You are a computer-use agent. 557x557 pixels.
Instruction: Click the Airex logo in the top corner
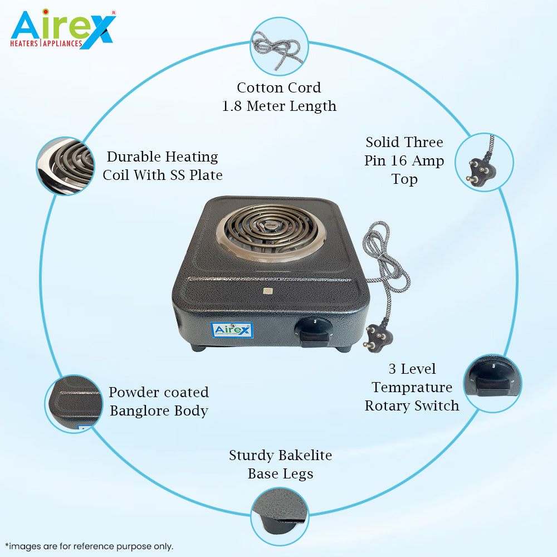63,29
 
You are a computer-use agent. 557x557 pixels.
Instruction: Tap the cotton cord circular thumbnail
279,47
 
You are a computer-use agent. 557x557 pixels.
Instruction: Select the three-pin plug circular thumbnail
484,162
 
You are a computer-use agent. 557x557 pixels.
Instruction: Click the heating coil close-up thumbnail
66,166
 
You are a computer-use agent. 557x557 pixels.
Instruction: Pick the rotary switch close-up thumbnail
493,383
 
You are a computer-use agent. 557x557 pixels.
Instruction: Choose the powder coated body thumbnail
74,404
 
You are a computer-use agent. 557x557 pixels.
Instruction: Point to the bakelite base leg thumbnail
280,516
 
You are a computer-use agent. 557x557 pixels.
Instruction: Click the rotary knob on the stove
314,332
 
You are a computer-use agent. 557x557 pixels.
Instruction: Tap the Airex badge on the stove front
232,330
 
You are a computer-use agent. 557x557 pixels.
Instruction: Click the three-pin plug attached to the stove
378,337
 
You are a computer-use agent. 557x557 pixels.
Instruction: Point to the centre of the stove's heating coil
271,226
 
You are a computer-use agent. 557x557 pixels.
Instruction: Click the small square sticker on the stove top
268,291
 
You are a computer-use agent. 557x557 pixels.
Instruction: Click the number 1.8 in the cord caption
232,106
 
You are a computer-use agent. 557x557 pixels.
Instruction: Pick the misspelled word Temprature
412,388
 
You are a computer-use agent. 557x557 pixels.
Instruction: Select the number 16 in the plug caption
399,160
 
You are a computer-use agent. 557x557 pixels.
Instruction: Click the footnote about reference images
89,546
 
